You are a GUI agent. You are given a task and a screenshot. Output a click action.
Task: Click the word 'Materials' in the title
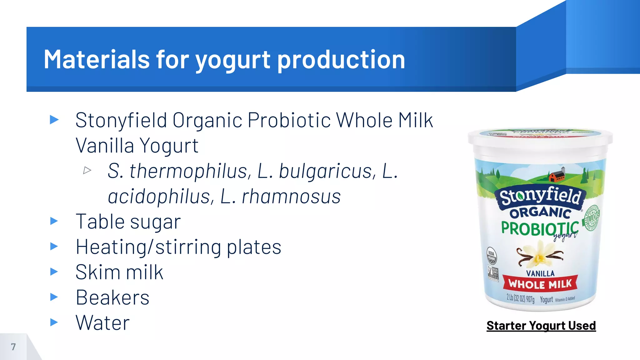point(97,59)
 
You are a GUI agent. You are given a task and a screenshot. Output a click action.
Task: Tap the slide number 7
point(13,347)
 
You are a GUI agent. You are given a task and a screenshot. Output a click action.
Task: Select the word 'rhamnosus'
point(291,197)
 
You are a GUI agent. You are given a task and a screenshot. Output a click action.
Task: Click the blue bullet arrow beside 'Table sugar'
point(54,221)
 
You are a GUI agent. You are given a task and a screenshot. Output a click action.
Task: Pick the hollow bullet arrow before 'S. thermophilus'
point(87,170)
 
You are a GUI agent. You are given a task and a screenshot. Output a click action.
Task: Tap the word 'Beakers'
point(112,297)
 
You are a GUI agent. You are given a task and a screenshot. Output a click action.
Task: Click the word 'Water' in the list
point(102,323)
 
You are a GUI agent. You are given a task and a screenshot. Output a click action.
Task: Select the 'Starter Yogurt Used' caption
point(541,326)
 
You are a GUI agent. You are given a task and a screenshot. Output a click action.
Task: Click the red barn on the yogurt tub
point(557,176)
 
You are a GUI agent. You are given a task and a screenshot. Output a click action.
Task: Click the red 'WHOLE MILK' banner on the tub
point(540,284)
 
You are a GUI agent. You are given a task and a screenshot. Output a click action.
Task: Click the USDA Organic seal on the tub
point(492,255)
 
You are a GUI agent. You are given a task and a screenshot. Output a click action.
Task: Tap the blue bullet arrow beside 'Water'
point(54,322)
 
